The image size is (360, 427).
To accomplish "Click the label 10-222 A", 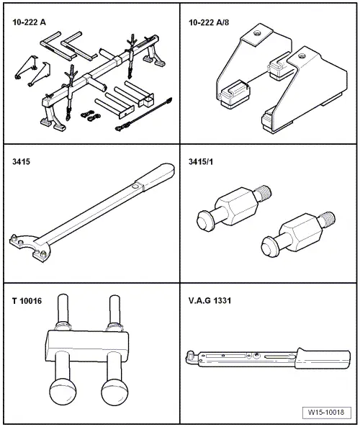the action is (29, 22).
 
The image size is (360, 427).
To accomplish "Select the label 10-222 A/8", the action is (209, 22).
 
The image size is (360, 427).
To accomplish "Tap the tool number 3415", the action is (22, 161).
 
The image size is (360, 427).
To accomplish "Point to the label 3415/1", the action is (201, 162).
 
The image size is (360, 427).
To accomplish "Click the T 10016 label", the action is (27, 301).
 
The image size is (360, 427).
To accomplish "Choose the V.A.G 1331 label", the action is (210, 301).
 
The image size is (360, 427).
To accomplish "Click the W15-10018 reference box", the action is (326, 412).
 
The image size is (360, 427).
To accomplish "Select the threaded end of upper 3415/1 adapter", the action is (263, 193).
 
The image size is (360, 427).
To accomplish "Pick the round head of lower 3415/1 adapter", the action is (269, 246).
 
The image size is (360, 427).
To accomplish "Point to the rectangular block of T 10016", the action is (86, 346).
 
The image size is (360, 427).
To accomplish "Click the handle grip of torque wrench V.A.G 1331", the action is (323, 359).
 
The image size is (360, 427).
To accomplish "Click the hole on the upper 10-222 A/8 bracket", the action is (256, 34).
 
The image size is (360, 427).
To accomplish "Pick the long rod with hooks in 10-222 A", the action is (144, 114).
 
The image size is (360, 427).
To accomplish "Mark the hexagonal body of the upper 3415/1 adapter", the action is (236, 206).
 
